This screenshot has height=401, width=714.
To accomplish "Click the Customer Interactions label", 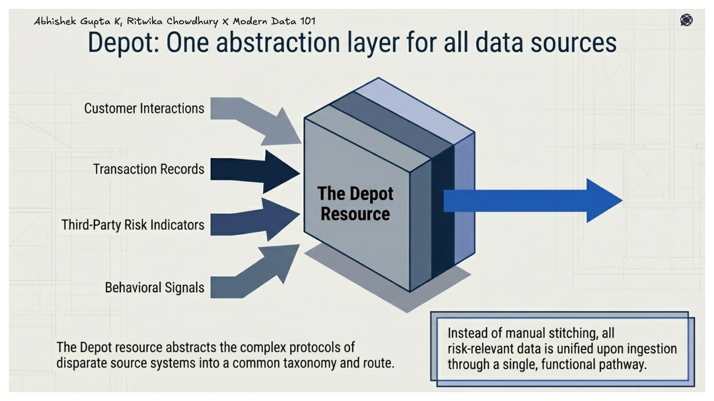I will pyautogui.click(x=144, y=108).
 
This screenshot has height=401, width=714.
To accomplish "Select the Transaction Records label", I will pyautogui.click(x=149, y=169).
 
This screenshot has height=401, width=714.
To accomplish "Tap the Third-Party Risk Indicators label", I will pyautogui.click(x=133, y=225).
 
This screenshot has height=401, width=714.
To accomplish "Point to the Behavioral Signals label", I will pyautogui.click(x=154, y=288).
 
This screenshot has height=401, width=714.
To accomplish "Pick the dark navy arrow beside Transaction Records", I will pyautogui.click(x=256, y=171).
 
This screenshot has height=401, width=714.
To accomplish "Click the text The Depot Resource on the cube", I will pyautogui.click(x=355, y=204).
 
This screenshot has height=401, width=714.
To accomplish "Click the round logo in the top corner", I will pyautogui.click(x=686, y=20).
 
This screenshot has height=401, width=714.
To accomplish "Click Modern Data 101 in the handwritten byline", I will pyautogui.click(x=274, y=21).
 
